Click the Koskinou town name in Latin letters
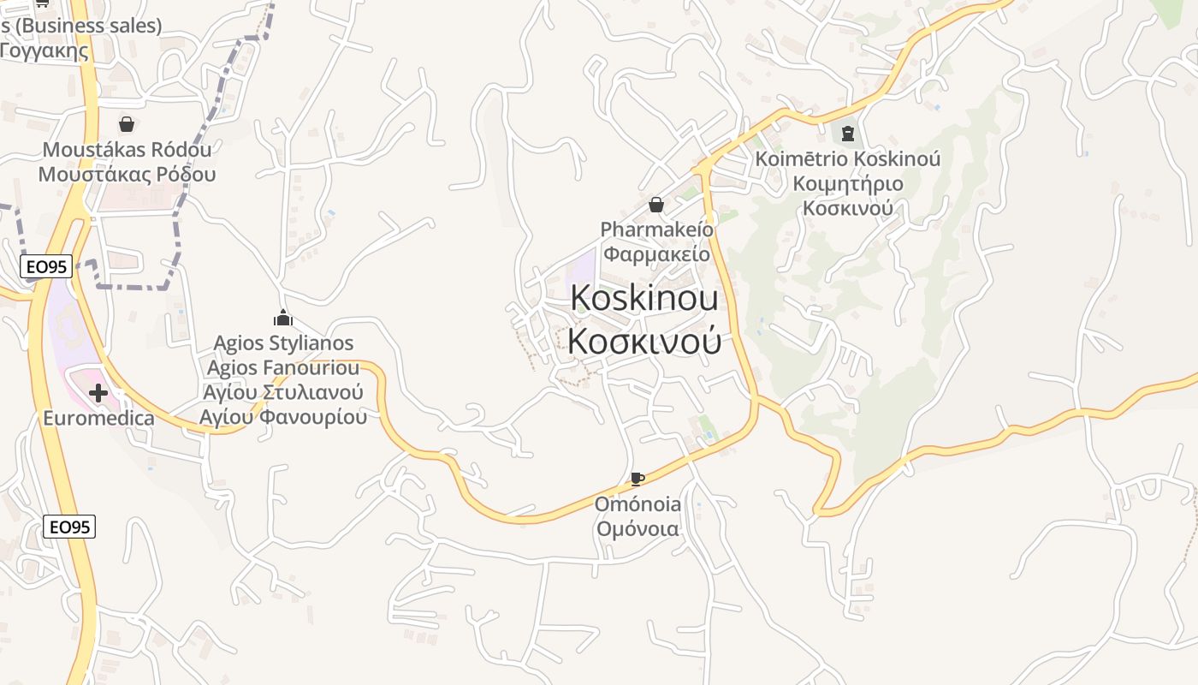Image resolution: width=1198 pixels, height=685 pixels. tap(643, 298)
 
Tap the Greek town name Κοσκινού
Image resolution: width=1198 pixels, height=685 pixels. tap(643, 341)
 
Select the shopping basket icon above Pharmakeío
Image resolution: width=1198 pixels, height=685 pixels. tap(656, 205)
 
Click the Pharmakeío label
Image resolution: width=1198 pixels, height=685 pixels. tap(655, 229)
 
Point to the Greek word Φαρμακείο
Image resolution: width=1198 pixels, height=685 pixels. tap(655, 254)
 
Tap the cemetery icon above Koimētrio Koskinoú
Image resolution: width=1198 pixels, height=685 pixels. tap(847, 134)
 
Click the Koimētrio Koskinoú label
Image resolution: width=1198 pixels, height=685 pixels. tap(847, 159)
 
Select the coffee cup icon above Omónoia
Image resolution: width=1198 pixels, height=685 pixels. tap(637, 479)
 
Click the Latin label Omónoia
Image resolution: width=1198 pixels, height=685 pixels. tap(638, 503)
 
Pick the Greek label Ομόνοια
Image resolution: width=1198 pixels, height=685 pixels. tap(638, 529)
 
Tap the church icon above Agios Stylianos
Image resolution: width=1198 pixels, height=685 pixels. tap(283, 319)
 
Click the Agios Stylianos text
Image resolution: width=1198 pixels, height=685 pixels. tap(283, 343)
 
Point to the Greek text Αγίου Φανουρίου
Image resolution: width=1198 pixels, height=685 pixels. tap(283, 417)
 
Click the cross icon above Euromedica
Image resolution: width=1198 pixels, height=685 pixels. tap(98, 393)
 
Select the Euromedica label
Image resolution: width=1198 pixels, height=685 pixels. tap(98, 419)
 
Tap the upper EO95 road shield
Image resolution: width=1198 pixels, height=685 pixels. tap(46, 266)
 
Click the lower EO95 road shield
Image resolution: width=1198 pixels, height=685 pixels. tap(69, 527)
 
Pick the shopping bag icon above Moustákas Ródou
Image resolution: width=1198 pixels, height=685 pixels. tap(127, 125)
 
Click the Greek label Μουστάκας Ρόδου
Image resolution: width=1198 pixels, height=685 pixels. tap(127, 175)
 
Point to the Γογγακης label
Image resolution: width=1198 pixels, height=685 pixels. tap(44, 51)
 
